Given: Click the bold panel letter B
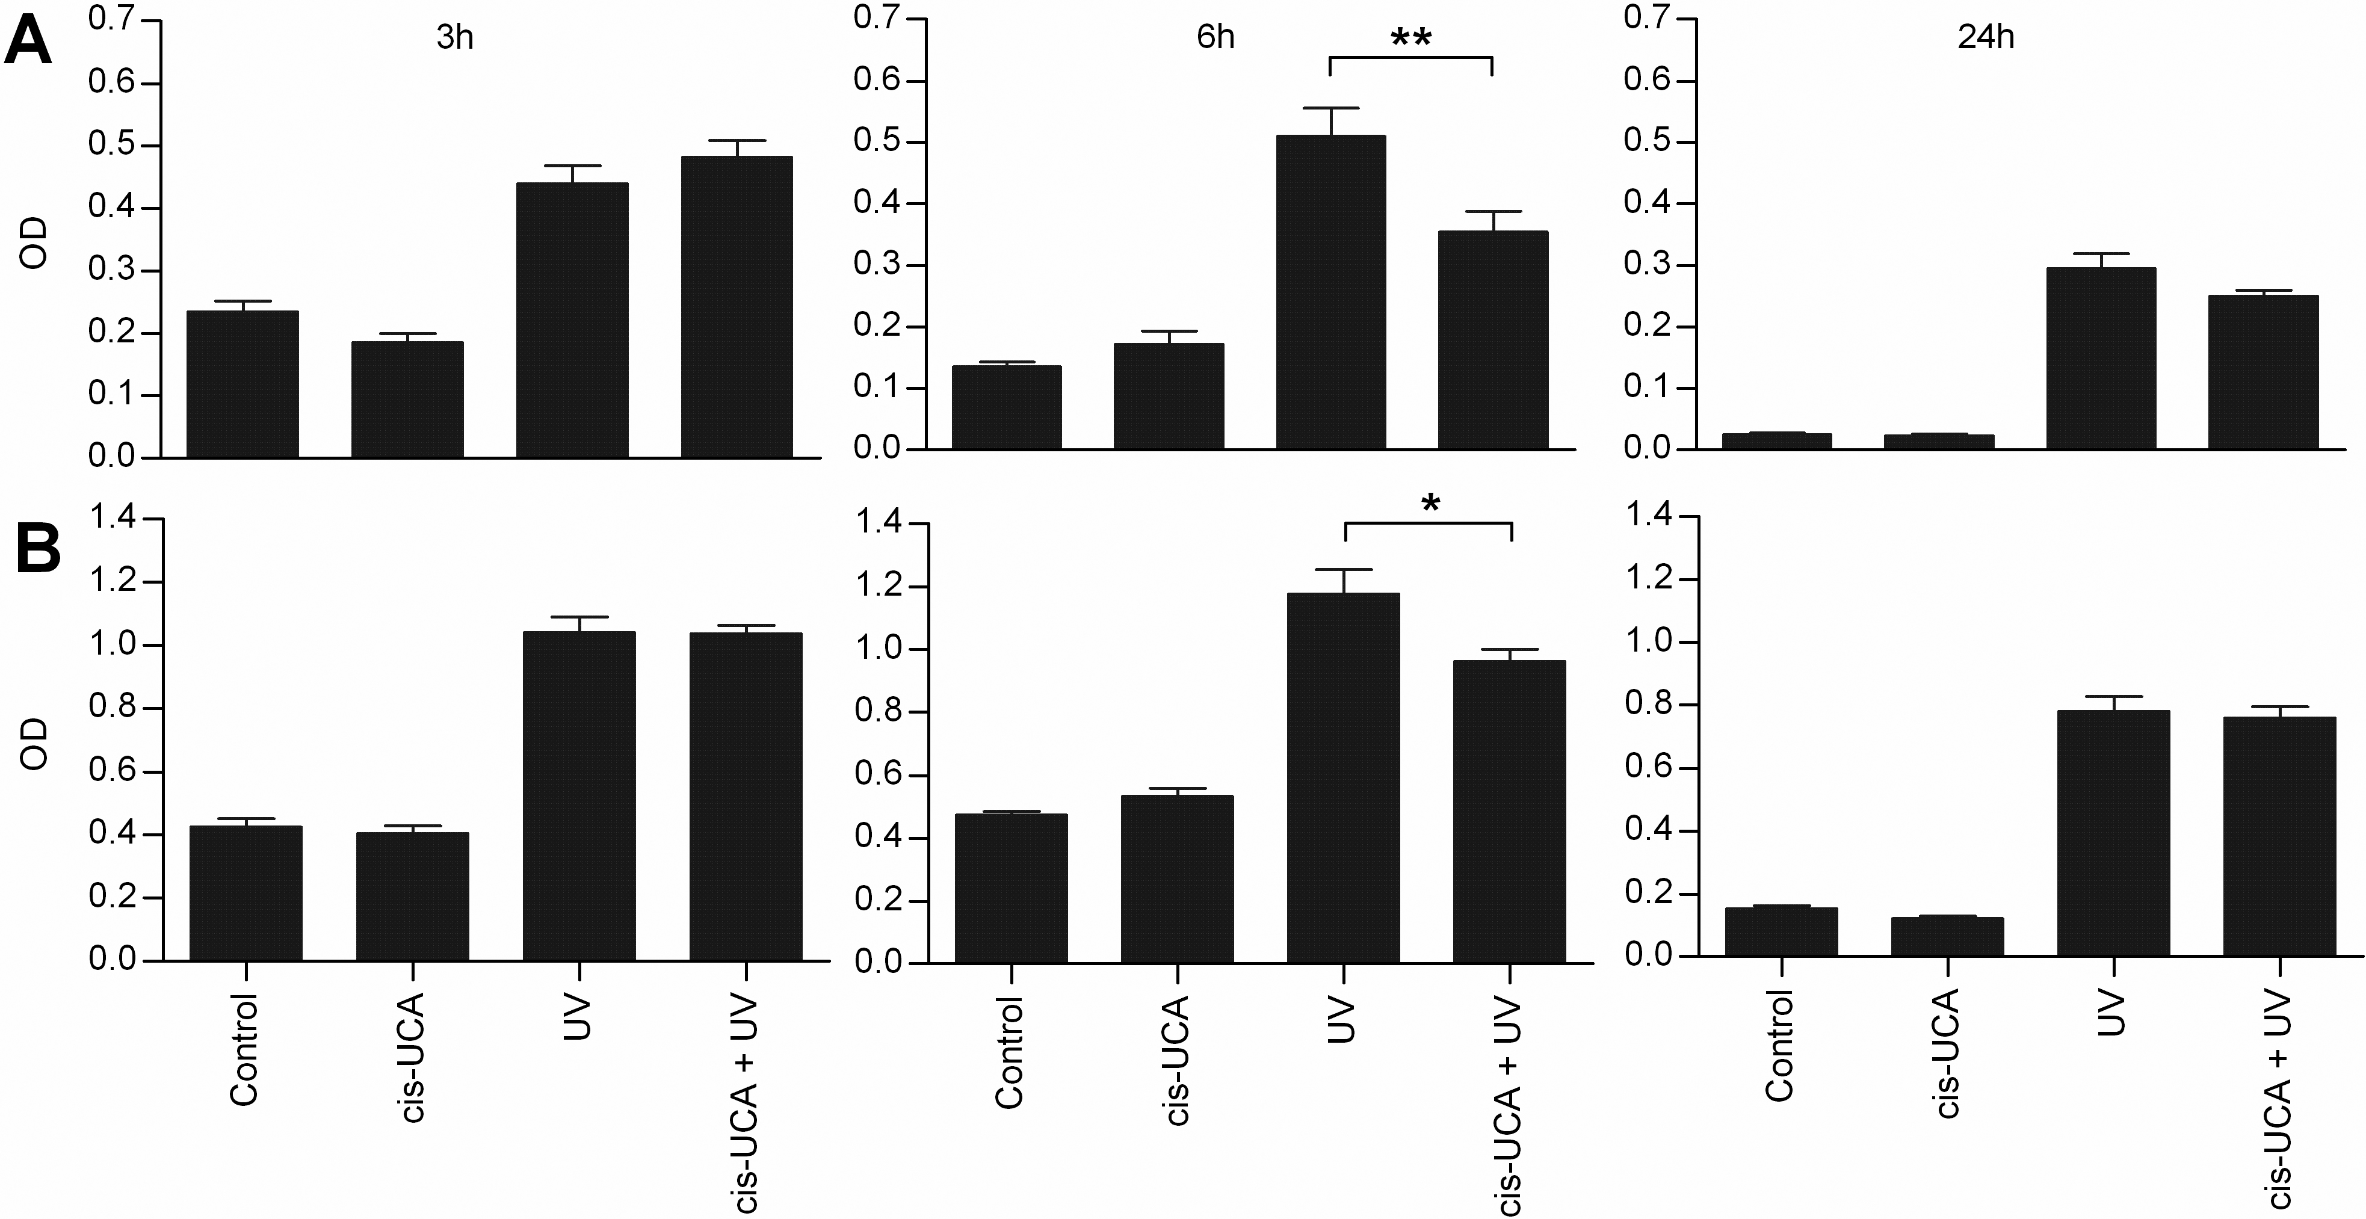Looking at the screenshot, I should tap(39, 551).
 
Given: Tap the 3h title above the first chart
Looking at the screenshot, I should tap(455, 38).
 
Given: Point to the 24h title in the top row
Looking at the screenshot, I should tap(1986, 38).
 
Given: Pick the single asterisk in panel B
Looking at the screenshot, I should tap(1430, 504).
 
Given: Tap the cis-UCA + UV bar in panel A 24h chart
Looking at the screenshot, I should tap(2263, 372).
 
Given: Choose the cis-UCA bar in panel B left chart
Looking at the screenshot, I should tap(412, 896).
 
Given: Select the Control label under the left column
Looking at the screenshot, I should tap(244, 1049).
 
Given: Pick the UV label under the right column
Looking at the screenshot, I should tap(2113, 1013).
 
